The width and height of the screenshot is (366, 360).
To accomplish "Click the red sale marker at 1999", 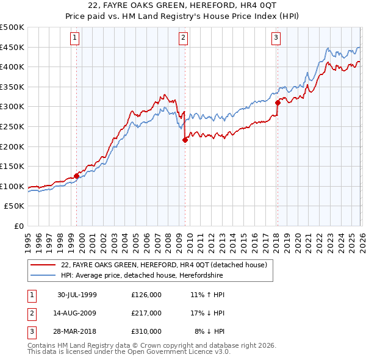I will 77,176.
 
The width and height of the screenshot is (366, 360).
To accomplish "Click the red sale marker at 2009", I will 185,140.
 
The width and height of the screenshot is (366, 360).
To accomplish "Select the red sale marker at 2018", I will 278,103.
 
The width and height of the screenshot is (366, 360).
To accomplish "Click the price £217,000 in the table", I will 146,313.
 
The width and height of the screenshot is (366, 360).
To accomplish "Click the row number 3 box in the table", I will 30,331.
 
